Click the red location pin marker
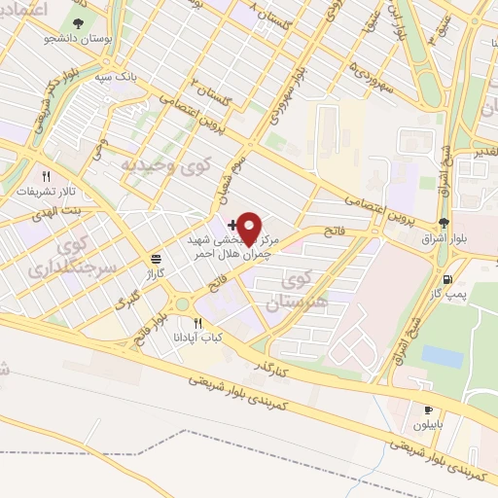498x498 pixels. [x=250, y=227]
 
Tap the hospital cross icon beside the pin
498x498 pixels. [x=231, y=225]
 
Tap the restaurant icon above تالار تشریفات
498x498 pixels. [x=45, y=176]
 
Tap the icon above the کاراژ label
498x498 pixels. [x=156, y=259]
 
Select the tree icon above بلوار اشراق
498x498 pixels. [x=445, y=223]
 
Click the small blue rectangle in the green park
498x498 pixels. [x=443, y=357]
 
